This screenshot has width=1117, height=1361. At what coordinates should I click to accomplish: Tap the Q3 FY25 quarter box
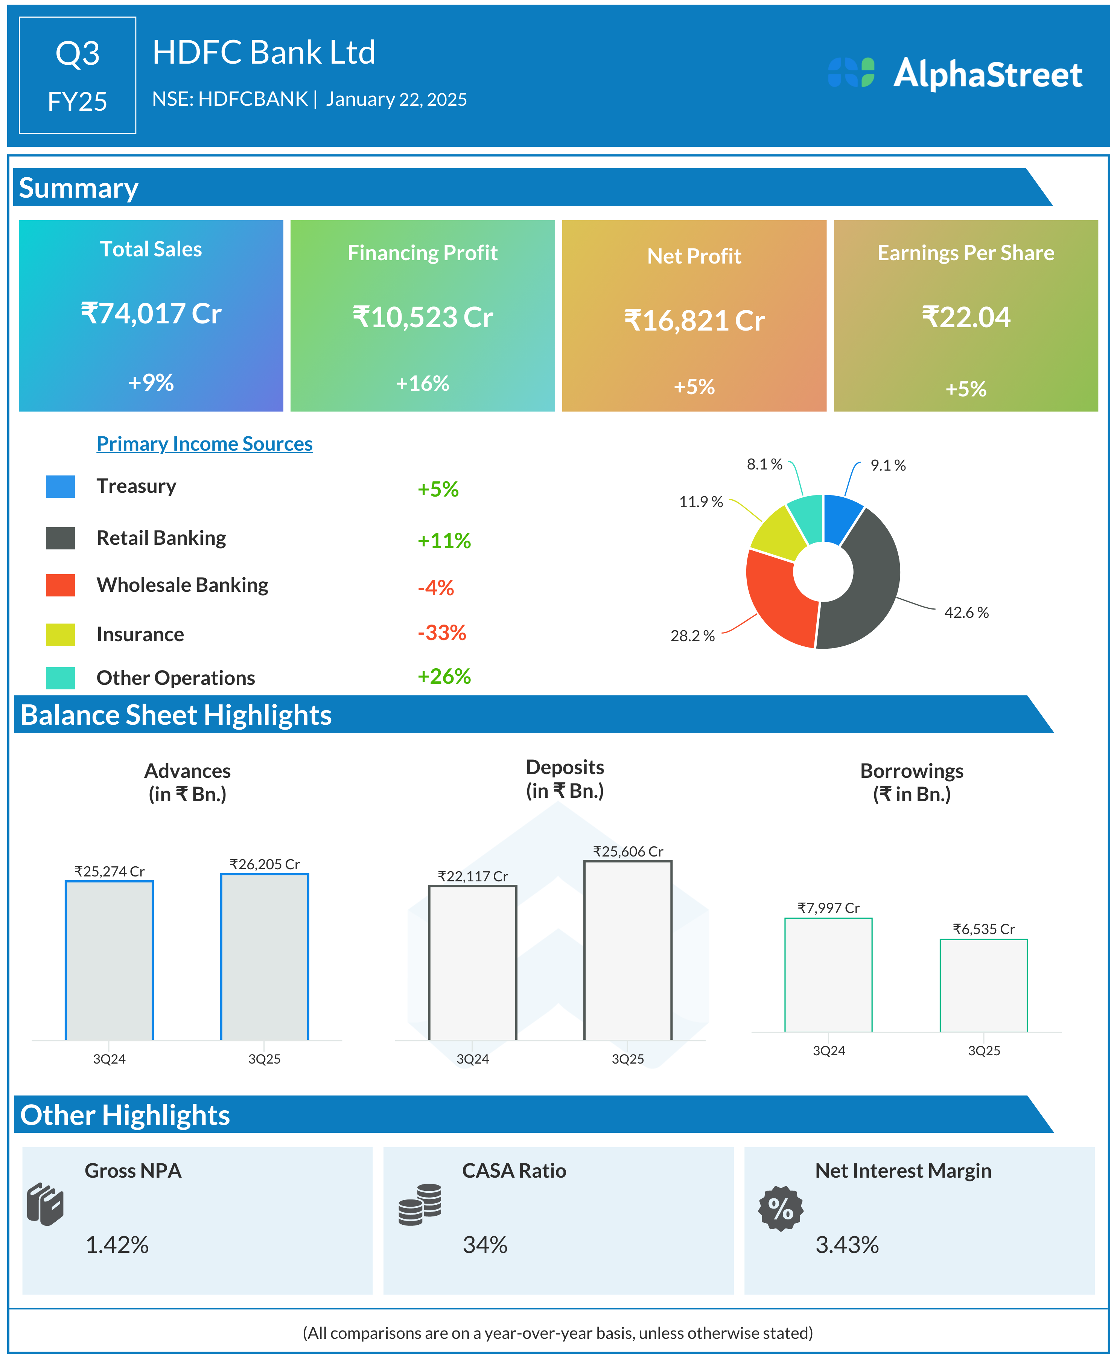pos(77,75)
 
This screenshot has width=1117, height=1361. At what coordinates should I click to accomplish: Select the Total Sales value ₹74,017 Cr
pos(151,314)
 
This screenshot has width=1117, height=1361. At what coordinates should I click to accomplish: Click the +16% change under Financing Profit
pos(422,384)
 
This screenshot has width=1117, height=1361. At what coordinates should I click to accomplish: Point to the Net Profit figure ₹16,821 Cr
pos(694,320)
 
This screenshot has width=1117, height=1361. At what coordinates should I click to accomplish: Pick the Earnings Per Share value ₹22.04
pos(966,317)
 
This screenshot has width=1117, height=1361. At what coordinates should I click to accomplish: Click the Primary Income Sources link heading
pos(205,444)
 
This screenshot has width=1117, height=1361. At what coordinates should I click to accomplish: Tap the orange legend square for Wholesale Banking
pos(61,585)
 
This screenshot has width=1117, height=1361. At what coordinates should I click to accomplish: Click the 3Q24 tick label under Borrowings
pos(829,1051)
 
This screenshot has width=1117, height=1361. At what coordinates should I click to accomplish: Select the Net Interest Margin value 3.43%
pos(847,1245)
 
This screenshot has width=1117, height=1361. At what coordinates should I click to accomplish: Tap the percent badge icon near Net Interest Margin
pos(781,1208)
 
